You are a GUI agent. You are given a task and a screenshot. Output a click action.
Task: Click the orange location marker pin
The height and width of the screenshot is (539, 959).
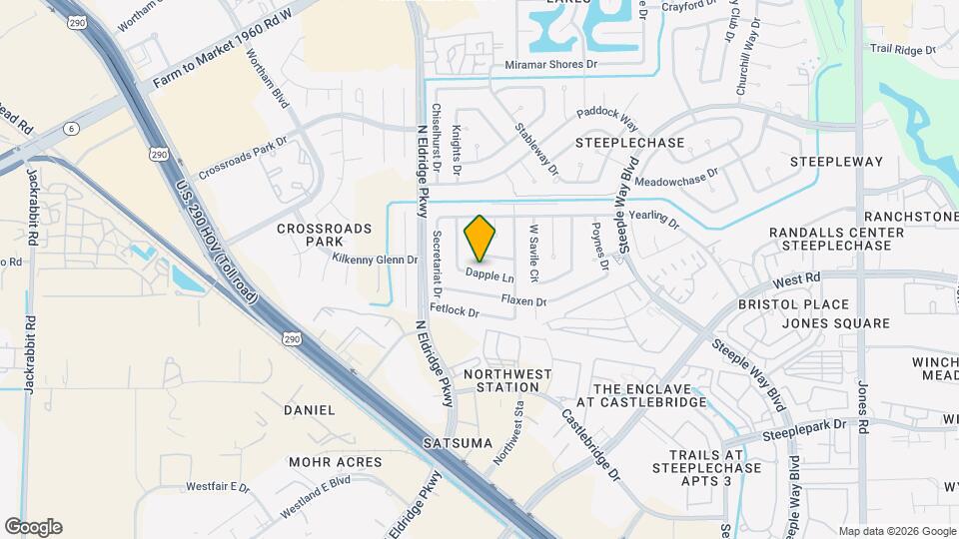(x=480, y=238)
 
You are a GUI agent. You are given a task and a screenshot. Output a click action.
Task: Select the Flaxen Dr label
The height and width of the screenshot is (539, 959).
(x=523, y=299)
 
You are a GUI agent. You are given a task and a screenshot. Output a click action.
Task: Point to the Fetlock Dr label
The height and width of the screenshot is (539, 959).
(x=455, y=310)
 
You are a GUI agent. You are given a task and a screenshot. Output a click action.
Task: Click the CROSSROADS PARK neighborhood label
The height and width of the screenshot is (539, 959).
(x=325, y=235)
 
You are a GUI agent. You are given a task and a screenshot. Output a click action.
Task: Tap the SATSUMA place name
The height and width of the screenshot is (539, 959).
(x=459, y=442)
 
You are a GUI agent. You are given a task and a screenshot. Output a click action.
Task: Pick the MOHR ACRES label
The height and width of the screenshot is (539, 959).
(x=336, y=462)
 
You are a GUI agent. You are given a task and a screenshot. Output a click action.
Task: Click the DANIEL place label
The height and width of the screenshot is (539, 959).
(x=310, y=410)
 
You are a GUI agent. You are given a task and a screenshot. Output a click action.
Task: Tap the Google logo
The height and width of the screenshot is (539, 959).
(x=33, y=527)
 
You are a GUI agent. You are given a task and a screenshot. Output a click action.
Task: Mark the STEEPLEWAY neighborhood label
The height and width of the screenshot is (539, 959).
(x=837, y=162)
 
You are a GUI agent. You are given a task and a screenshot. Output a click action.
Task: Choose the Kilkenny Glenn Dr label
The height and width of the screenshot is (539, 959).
(x=375, y=260)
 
